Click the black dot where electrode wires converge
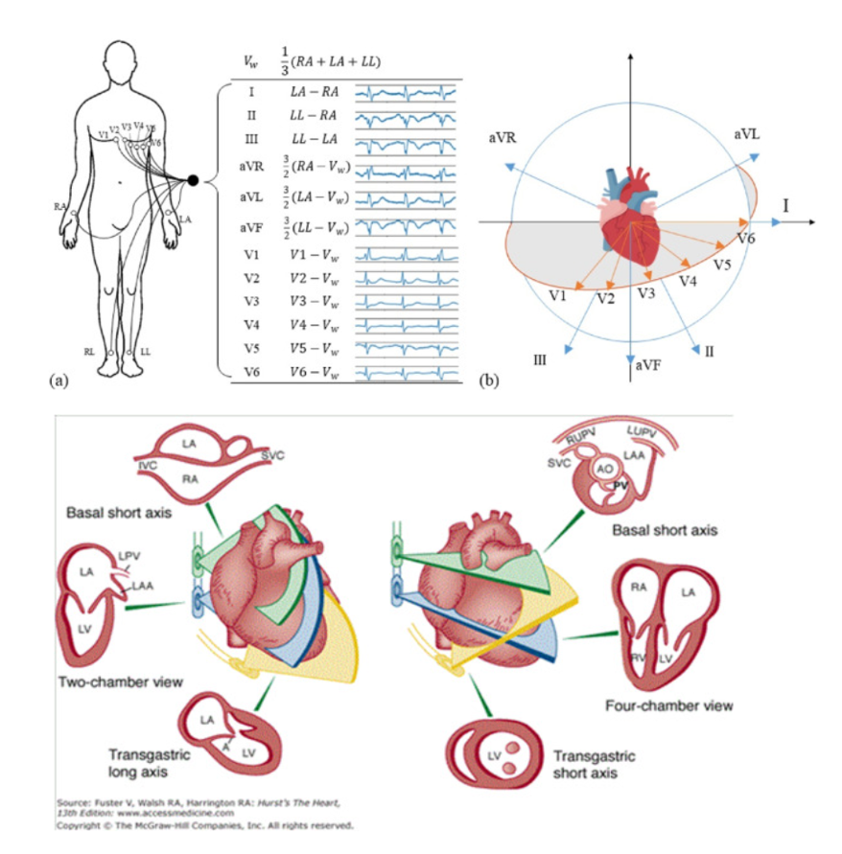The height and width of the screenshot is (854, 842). point(193,180)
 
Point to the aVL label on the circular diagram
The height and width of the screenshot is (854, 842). point(747,135)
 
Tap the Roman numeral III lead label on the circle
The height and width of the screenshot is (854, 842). point(540,359)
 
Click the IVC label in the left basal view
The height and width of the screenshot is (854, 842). point(148,465)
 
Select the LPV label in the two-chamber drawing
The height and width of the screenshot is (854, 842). point(129,557)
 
